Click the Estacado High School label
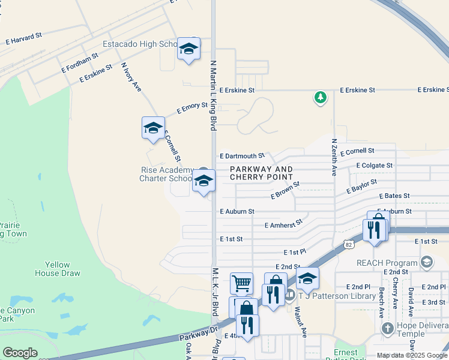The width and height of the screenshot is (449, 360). point(139,44)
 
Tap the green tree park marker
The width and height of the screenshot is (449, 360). point(321,97)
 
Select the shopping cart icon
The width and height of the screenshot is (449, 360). point(241,283)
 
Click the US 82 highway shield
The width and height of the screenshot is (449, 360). point(349,244)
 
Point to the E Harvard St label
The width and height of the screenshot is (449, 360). point(23,38)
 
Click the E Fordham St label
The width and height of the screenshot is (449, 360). point(79,62)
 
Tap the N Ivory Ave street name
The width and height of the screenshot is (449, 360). point(131,77)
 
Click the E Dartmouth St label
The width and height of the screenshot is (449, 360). point(242,155)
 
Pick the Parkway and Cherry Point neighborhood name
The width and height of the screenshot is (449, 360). point(262,173)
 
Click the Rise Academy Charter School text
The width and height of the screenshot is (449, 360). point(166,174)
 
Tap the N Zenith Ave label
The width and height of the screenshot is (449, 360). point(334,157)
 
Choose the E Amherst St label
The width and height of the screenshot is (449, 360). point(284,224)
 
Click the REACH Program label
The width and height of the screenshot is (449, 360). point(387,263)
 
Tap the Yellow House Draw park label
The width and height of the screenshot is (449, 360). point(66,269)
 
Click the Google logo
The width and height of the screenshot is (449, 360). point(20,352)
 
